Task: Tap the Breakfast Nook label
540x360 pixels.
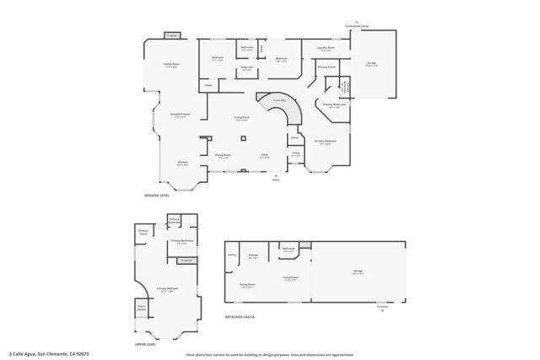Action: (180, 116)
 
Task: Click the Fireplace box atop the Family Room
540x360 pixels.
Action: (172, 36)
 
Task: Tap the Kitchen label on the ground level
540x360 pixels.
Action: (182, 164)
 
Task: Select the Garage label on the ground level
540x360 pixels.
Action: (371, 64)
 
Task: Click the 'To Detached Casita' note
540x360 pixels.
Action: (356, 25)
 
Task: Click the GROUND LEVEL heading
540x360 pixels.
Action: (158, 195)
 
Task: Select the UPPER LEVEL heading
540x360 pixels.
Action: (145, 344)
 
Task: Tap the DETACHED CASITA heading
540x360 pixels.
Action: (239, 316)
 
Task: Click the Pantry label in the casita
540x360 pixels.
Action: (231, 254)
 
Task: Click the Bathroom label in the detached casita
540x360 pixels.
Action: (289, 249)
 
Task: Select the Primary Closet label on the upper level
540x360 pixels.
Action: (143, 231)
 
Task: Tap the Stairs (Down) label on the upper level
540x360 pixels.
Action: (142, 309)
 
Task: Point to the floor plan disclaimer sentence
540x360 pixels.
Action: (269, 355)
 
